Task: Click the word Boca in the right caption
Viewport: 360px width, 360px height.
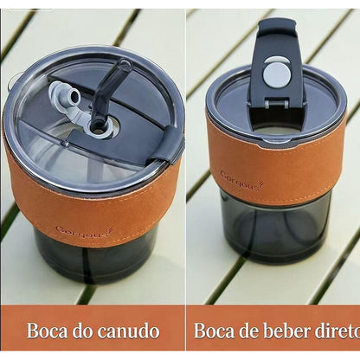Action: (x=215, y=331)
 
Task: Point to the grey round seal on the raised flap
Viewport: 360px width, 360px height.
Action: (x=276, y=72)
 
